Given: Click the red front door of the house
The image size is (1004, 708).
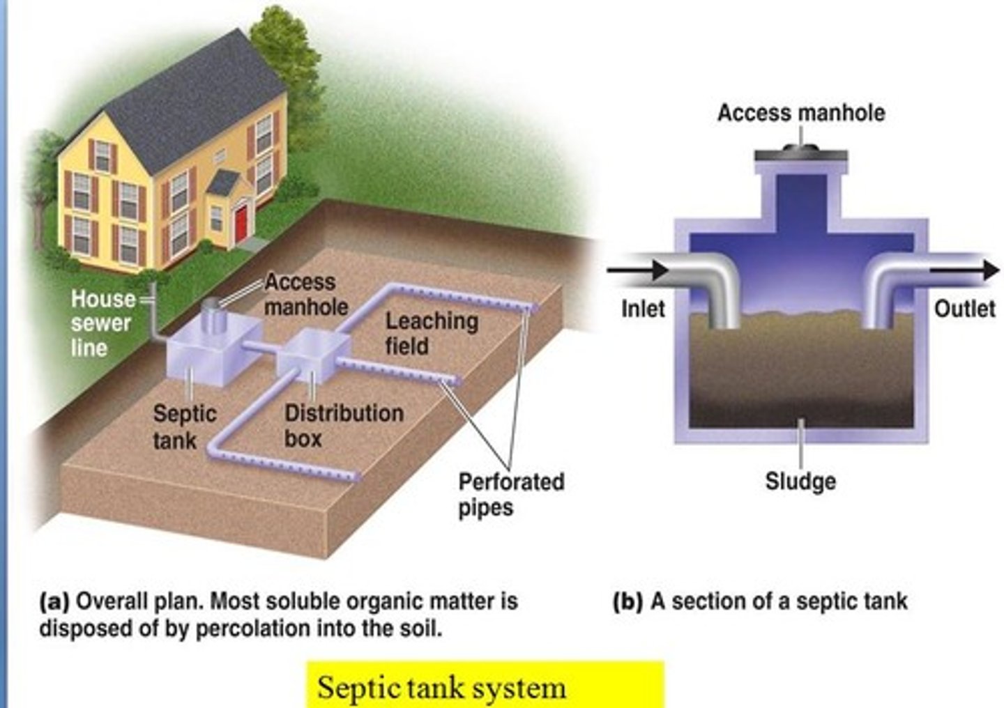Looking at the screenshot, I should point(241,222).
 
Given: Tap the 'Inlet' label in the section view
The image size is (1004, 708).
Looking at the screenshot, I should point(643,308).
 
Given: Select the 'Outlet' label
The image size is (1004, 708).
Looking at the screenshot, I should point(964,308).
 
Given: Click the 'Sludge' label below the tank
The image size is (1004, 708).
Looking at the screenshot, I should point(800,481).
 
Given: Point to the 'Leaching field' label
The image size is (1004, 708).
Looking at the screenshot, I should point(432,333).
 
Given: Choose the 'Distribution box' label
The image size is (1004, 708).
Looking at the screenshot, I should point(343,425).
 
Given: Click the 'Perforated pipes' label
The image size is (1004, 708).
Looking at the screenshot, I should point(510,494).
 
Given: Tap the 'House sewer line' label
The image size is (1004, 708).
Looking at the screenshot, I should point(102,323).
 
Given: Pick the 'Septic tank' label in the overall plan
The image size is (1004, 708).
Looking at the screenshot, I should point(184,426).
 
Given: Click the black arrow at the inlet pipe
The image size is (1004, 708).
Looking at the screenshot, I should point(637,269).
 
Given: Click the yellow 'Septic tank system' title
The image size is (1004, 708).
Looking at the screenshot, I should point(442,688).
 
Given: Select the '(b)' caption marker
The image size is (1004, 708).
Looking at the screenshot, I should point(627,601).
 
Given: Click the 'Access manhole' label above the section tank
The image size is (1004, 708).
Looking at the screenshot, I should point(801,113).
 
